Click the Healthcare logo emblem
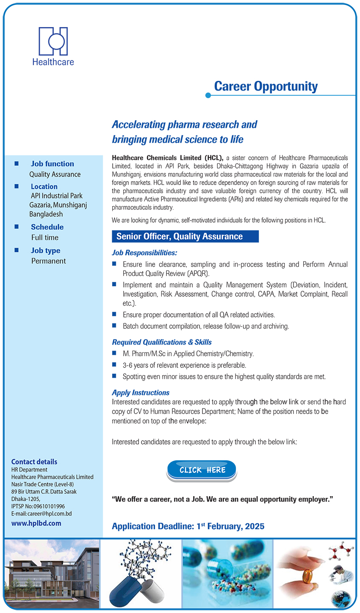53,41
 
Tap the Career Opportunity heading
266,86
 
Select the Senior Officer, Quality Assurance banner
185,237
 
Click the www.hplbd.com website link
36,523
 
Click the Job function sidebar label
52,164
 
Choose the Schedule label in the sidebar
47,227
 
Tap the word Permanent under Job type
48,261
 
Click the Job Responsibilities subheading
144,253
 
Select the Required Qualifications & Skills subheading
162,342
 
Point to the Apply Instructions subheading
141,392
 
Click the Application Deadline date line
188,526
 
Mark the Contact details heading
34,462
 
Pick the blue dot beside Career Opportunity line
208,96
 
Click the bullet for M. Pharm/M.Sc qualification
114,353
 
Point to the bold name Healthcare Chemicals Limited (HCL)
167,158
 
